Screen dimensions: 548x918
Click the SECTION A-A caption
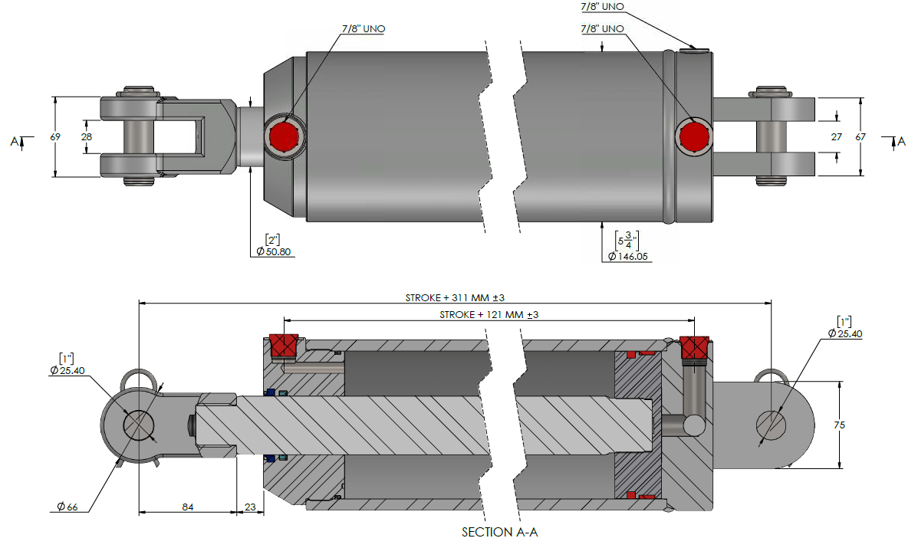[499, 532]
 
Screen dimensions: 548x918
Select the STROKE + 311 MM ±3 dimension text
[454, 297]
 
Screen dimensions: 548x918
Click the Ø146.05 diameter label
[630, 257]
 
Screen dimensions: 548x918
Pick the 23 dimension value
[250, 506]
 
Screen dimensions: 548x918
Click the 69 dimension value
[55, 136]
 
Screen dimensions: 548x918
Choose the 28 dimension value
[87, 136]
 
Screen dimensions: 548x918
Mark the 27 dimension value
[836, 136]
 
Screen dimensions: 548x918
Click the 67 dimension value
[860, 136]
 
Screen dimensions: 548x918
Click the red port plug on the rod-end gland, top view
[285, 136]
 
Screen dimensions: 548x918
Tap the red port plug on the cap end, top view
[695, 136]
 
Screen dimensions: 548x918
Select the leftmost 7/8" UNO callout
[363, 28]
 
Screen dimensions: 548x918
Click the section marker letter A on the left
[14, 141]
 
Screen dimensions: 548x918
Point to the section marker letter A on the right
[902, 140]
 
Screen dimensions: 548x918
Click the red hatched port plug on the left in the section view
[285, 346]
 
